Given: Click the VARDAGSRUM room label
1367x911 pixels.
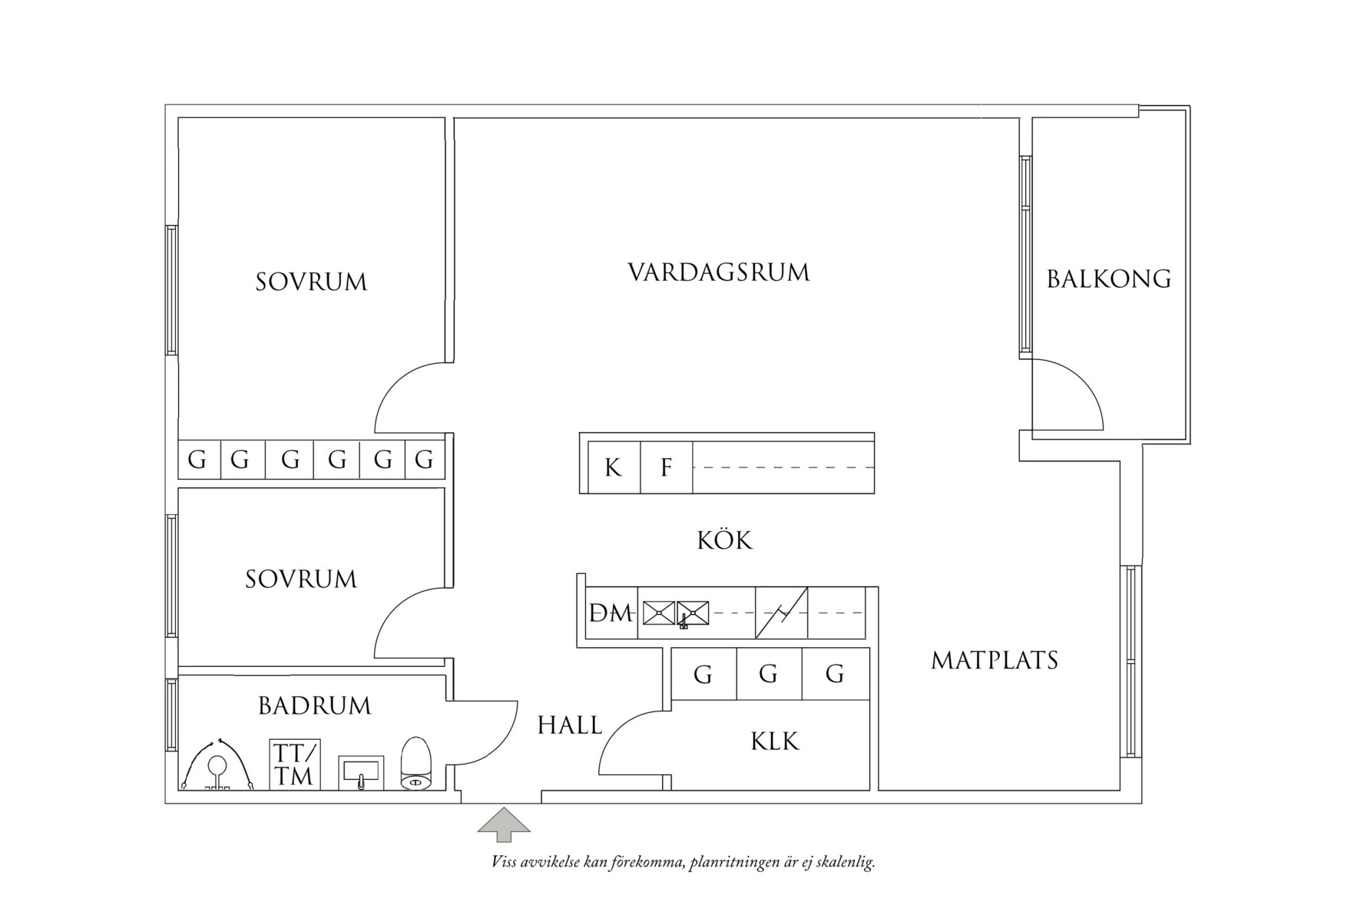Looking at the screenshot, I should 719,273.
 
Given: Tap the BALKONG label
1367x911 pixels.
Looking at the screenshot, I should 1108,279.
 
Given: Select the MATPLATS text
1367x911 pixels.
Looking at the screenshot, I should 994,660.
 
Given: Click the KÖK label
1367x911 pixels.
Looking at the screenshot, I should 724,540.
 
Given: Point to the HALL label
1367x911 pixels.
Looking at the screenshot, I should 569,725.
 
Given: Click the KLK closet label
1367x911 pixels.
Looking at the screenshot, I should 774,741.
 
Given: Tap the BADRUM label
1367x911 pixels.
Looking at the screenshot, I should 314,705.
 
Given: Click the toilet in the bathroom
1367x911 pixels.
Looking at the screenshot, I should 417,764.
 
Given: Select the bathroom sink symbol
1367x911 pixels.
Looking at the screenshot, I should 360,773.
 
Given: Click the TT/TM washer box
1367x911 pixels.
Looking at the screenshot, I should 294,764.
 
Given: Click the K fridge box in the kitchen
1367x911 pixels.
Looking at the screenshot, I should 613,467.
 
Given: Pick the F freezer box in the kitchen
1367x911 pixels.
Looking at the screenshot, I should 666,467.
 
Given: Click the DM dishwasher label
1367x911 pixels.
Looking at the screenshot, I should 611,613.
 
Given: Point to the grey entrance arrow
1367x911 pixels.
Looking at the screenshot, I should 504,824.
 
